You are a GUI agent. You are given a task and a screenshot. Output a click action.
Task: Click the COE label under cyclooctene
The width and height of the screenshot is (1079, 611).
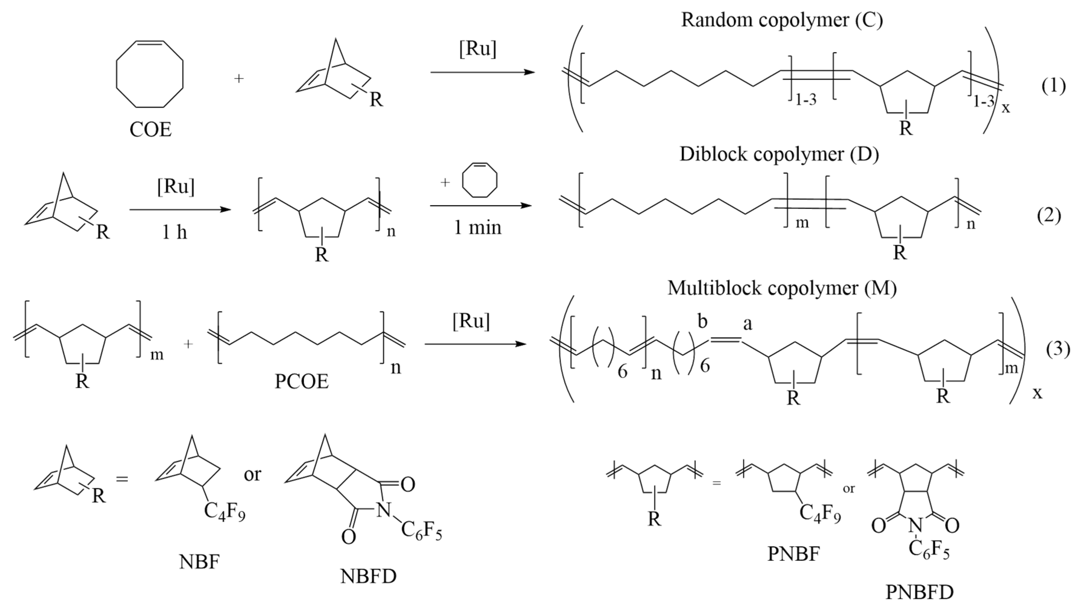(x=150, y=130)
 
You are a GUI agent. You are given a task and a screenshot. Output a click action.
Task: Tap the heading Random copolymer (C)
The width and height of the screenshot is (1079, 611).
(x=781, y=20)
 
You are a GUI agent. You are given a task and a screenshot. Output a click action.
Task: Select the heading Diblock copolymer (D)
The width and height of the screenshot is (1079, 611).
(x=779, y=154)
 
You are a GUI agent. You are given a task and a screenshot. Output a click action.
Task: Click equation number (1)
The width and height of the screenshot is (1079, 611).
(x=1053, y=86)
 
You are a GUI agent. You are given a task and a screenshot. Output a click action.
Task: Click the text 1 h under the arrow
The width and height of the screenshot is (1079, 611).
(x=175, y=232)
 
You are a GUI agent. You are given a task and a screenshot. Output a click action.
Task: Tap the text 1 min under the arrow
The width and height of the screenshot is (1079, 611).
(x=478, y=228)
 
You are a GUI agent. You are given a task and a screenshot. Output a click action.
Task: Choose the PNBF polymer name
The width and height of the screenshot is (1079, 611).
(x=793, y=554)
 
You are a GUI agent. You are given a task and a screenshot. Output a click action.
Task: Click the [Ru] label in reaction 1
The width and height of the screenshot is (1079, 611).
(x=478, y=49)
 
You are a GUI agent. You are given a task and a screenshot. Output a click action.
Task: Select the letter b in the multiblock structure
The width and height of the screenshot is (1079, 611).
(x=702, y=322)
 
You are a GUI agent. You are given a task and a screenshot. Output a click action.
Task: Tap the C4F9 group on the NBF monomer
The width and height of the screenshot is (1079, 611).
(x=225, y=512)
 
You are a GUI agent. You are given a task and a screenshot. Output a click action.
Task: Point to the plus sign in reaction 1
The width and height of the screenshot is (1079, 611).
(x=239, y=78)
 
